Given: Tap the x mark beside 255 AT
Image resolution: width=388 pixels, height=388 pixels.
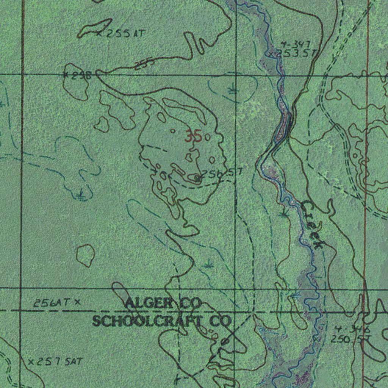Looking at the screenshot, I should click(100, 34).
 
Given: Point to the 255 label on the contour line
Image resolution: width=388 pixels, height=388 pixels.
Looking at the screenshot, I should click(144, 64).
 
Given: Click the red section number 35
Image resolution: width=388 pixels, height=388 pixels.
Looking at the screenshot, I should click(193, 136).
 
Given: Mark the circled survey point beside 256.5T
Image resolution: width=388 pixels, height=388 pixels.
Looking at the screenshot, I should click(197, 177).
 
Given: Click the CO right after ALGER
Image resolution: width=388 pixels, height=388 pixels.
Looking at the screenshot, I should click(190, 303).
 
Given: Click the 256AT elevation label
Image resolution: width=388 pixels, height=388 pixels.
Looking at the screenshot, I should click(52, 303).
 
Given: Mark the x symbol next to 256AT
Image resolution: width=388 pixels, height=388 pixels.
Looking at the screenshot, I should click(78, 302).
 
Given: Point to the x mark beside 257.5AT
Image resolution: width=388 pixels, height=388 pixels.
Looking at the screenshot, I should click(31, 362).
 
